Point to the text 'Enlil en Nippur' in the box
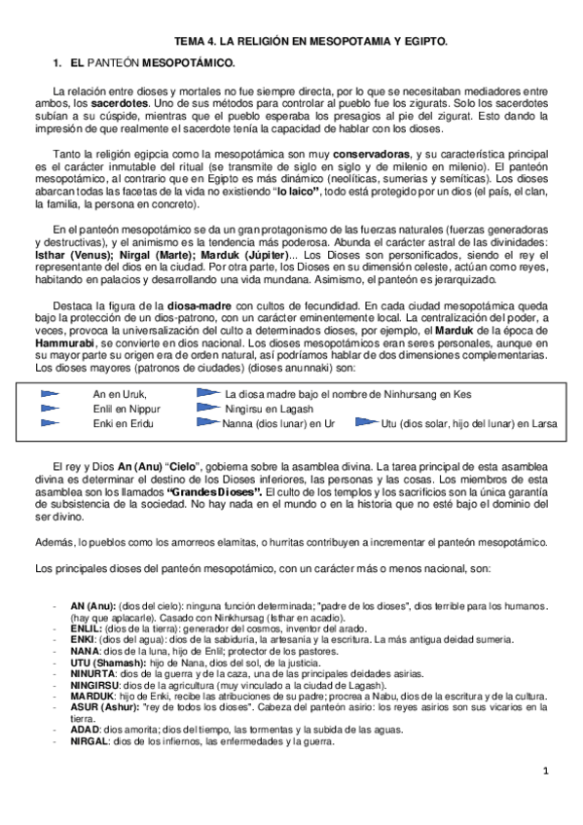coord(126,410)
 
